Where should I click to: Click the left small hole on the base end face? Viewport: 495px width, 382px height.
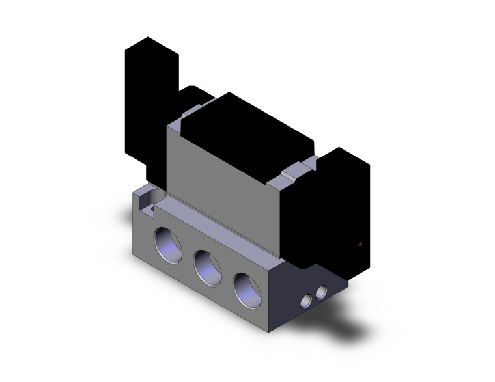coord(305,301)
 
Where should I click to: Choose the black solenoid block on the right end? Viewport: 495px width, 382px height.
coord(342,208)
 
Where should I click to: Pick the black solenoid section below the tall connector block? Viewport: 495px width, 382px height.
coord(156,169)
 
